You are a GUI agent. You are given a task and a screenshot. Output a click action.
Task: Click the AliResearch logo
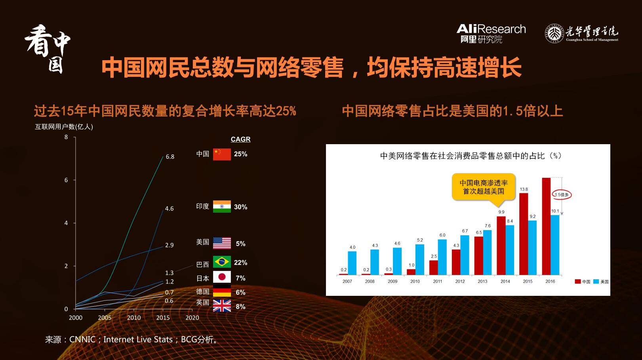[491, 33]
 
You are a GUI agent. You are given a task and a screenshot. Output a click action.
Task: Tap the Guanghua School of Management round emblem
[554, 33]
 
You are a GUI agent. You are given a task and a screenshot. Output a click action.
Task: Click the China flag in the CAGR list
[222, 154]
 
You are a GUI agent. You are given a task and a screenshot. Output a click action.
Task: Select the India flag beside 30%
[222, 207]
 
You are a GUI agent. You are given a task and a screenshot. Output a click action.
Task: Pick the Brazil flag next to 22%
[222, 262]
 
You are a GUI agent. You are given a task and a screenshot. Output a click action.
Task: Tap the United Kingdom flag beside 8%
[222, 306]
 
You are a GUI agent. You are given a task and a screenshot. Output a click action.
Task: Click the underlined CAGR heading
[240, 139]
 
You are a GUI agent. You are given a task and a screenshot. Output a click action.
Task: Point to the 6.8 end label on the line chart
[170, 157]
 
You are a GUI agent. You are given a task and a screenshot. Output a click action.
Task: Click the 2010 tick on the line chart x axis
[134, 318]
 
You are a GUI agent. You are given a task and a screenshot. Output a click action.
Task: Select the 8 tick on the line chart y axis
[66, 137]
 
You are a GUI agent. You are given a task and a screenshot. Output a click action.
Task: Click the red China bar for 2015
[524, 234]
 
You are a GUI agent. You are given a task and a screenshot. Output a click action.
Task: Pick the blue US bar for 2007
[352, 263]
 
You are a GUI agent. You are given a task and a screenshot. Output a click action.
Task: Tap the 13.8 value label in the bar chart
[524, 189]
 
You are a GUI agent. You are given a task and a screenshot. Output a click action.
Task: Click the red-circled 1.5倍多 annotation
[562, 194]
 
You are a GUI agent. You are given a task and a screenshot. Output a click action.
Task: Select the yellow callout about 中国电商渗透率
[484, 187]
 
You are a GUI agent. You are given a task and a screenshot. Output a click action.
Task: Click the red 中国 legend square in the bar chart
[577, 282]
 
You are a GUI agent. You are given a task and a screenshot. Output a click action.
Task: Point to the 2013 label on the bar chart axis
[482, 282]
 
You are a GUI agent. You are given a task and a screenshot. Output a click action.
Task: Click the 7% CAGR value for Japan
[240, 278]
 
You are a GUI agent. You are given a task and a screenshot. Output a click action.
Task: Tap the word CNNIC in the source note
[82, 339]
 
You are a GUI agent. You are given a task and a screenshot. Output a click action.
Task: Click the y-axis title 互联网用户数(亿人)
[64, 127]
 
